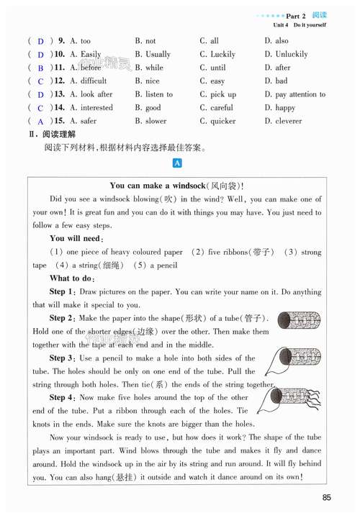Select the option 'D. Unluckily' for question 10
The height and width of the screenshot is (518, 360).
286,54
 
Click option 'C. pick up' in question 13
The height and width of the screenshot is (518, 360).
218,94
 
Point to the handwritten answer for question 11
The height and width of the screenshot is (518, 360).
41,68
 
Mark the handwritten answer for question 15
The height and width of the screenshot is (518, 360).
41,122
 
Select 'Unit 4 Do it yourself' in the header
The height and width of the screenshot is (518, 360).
300,24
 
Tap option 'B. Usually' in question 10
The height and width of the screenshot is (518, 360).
153,54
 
